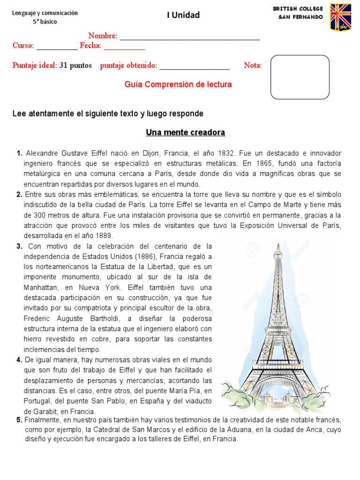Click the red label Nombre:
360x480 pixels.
pos(103,36)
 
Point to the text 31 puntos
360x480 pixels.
pos(75,66)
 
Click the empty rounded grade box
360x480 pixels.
pos(300,77)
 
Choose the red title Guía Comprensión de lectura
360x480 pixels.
pos(178,85)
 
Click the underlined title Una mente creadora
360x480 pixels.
pos(185,133)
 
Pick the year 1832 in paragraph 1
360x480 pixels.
pos(230,154)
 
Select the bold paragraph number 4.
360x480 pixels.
pos(19,360)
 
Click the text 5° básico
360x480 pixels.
pos(45,22)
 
